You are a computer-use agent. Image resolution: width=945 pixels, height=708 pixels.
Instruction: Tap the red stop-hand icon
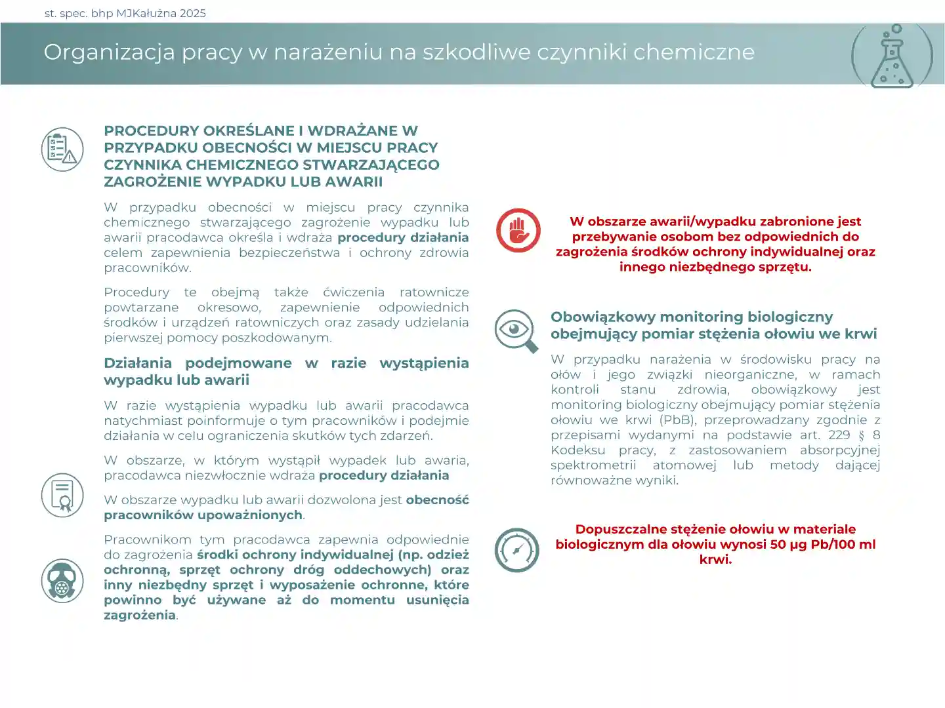coord(518,231)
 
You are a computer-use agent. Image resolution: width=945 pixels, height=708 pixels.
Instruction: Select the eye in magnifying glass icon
coord(516,330)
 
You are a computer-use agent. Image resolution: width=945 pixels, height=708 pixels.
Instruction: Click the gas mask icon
coord(62,581)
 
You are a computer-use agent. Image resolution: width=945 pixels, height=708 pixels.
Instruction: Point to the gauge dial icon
coord(516,550)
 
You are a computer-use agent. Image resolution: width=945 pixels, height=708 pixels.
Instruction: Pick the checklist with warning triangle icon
coord(62,149)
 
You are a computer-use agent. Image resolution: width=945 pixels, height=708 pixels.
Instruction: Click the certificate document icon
coord(62,495)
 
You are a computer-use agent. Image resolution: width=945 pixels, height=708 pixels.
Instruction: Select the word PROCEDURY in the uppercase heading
coord(148,130)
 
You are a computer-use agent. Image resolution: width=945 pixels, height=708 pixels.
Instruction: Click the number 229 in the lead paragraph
coord(839,435)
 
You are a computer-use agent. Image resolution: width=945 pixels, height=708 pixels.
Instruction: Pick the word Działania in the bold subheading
coord(138,363)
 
